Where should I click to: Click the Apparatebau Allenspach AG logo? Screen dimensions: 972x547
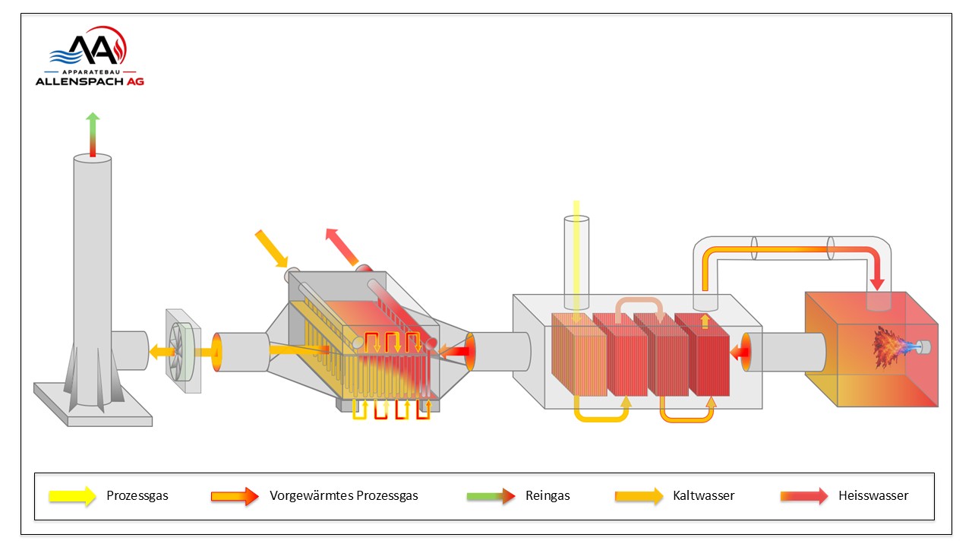pyautogui.click(x=90, y=55)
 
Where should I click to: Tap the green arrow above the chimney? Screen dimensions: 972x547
pyautogui.click(x=93, y=134)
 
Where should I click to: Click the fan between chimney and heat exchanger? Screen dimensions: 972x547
pyautogui.click(x=183, y=351)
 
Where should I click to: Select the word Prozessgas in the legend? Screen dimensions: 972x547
pyautogui.click(x=137, y=495)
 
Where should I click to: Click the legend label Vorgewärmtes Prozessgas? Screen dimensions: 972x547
pyautogui.click(x=344, y=495)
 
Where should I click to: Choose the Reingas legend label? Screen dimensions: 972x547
pyautogui.click(x=548, y=495)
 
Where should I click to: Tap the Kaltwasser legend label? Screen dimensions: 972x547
pyautogui.click(x=703, y=495)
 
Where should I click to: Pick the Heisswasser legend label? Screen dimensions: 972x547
pyautogui.click(x=873, y=495)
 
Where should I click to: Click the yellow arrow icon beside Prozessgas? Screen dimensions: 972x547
pyautogui.click(x=72, y=496)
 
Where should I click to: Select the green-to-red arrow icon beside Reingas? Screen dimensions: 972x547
pyautogui.click(x=491, y=496)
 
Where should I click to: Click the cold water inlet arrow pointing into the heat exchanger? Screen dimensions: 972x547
pyautogui.click(x=272, y=248)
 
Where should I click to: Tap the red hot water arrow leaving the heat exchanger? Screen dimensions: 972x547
pyautogui.click(x=342, y=247)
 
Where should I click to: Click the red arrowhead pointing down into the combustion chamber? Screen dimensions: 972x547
pyautogui.click(x=877, y=282)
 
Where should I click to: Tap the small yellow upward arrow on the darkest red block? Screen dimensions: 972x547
pyautogui.click(x=705, y=321)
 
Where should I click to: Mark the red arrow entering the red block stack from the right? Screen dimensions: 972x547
pyautogui.click(x=740, y=352)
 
